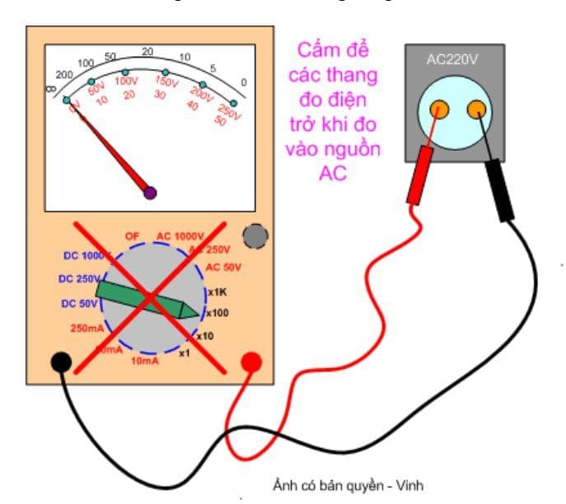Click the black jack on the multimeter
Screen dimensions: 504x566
tap(60, 362)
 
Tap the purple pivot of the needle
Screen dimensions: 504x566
tap(150, 193)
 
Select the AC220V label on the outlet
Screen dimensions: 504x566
tap(453, 60)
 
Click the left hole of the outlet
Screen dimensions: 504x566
tap(439, 109)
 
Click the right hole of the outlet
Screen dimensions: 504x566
tap(475, 109)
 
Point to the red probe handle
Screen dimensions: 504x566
tap(419, 174)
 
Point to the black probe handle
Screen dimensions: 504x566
tap(499, 189)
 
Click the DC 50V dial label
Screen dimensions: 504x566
tap(80, 304)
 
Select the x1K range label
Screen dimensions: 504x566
tap(217, 292)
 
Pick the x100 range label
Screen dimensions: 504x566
tap(217, 313)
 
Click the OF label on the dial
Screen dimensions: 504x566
tap(132, 236)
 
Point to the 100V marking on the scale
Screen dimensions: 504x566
tap(126, 82)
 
